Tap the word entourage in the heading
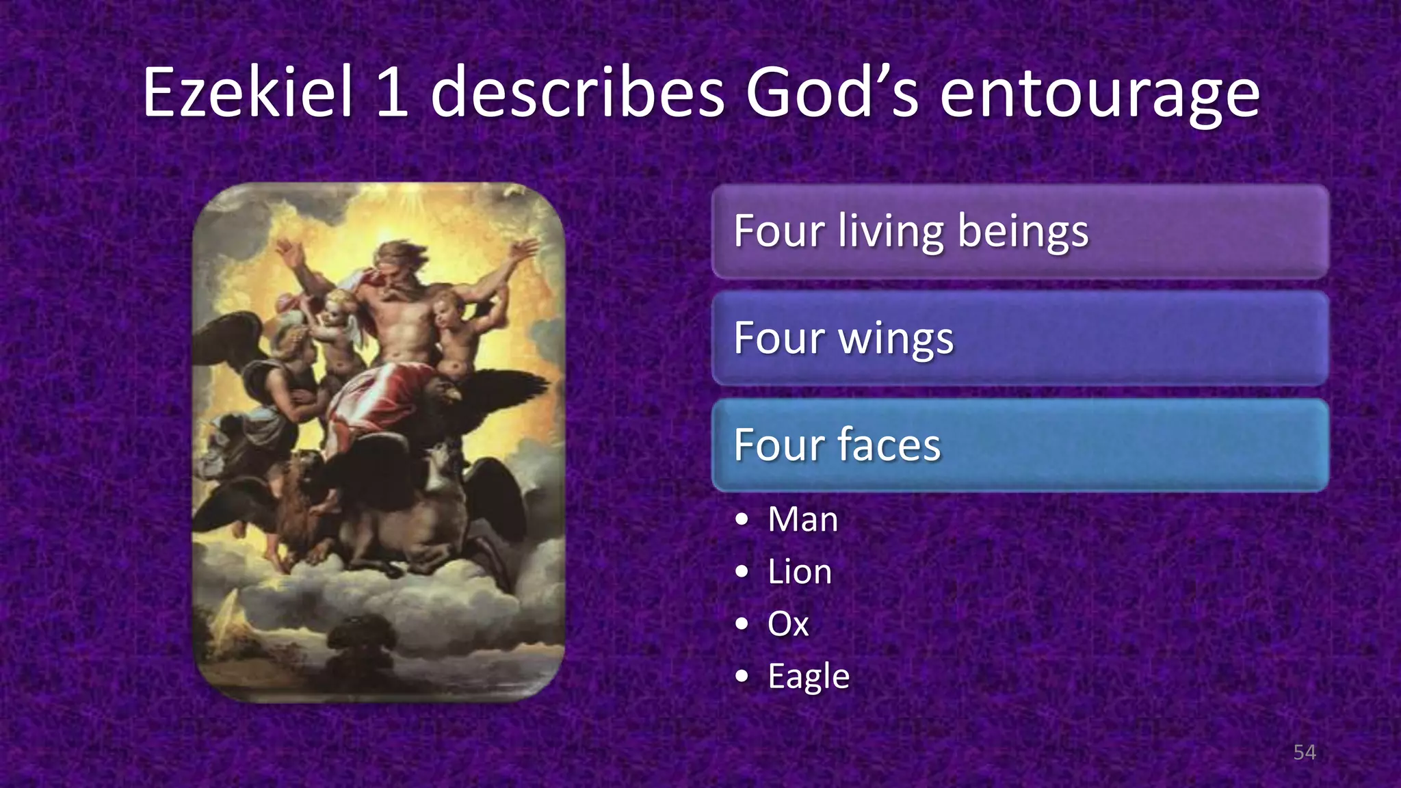[x=1099, y=94]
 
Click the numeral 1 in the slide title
[x=392, y=92]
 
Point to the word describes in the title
[x=577, y=92]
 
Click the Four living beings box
[x=1019, y=231]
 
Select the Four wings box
[x=1019, y=338]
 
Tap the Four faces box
[x=1019, y=445]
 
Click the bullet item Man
[x=802, y=519]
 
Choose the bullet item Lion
[x=800, y=572]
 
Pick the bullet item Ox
[x=788, y=624]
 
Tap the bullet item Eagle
[x=809, y=677]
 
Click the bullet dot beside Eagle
[x=742, y=677]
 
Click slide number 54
[x=1305, y=752]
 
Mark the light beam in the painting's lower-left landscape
[x=226, y=619]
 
